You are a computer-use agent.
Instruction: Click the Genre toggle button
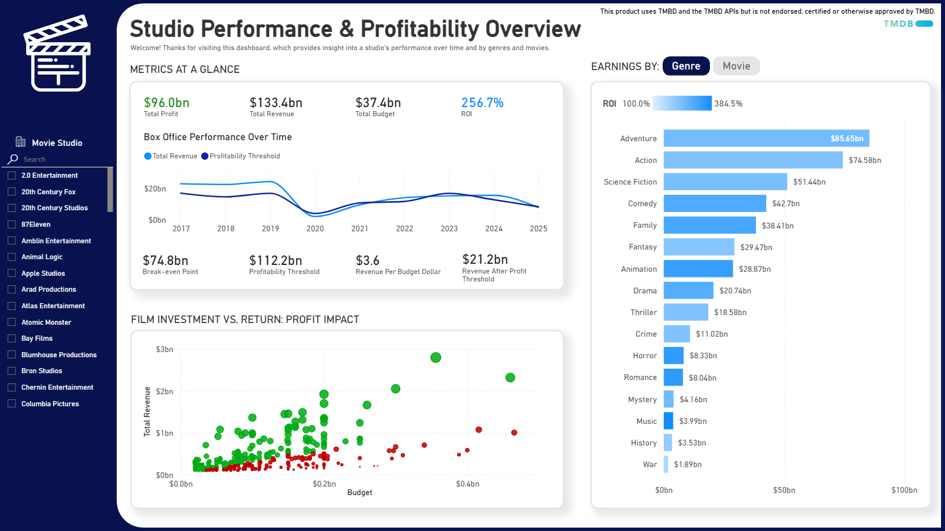pos(686,66)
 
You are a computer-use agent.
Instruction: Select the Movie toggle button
pos(736,66)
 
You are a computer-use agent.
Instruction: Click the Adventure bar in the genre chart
pos(766,138)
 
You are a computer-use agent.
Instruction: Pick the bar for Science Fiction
pos(725,182)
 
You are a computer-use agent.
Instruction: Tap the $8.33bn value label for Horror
pos(703,356)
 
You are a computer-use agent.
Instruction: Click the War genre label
pos(650,464)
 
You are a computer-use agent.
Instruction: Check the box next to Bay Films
pos(11,338)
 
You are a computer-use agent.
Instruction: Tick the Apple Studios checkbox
pos(11,273)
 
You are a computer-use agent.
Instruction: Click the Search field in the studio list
pos(57,160)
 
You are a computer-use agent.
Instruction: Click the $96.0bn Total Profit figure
pos(166,103)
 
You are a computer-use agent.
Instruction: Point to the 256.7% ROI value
pos(482,103)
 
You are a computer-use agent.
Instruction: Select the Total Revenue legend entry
pos(171,156)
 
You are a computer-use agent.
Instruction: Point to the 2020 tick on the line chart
pos(315,228)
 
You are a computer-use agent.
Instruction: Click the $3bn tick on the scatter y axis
pos(164,349)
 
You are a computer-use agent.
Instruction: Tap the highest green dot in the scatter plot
pos(435,357)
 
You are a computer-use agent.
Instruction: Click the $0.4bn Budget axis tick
pos(467,484)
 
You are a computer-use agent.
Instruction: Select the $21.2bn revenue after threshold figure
pos(484,259)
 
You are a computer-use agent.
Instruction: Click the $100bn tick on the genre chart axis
pos(903,490)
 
